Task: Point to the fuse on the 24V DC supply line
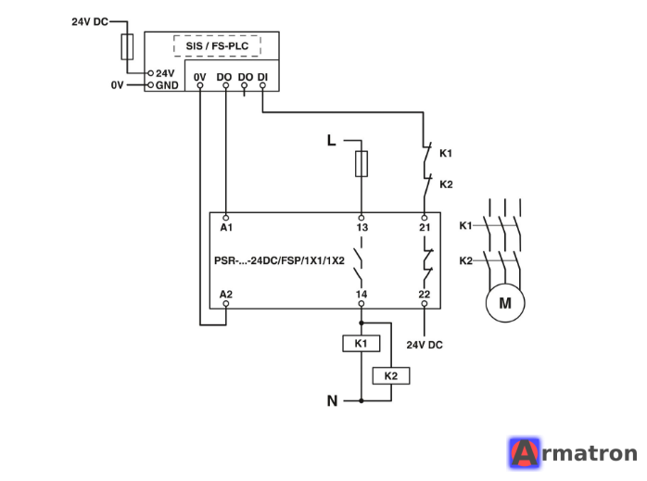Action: pos(127,47)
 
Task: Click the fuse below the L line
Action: pos(362,164)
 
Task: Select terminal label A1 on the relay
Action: pos(226,227)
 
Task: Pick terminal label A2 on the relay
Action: pos(225,294)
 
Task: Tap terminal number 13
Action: pos(362,227)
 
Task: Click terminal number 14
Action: pos(362,294)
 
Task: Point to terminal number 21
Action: pos(425,227)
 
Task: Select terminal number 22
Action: pos(425,294)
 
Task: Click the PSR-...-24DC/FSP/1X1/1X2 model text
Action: pos(279,260)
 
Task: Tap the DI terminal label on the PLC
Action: pos(262,77)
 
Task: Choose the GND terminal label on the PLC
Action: pos(167,85)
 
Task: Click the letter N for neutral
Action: pos(332,400)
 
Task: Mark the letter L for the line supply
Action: pos(331,140)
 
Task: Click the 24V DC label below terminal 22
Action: pos(425,345)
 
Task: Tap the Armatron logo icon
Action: pos(524,452)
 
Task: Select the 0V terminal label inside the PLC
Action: pos(199,77)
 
